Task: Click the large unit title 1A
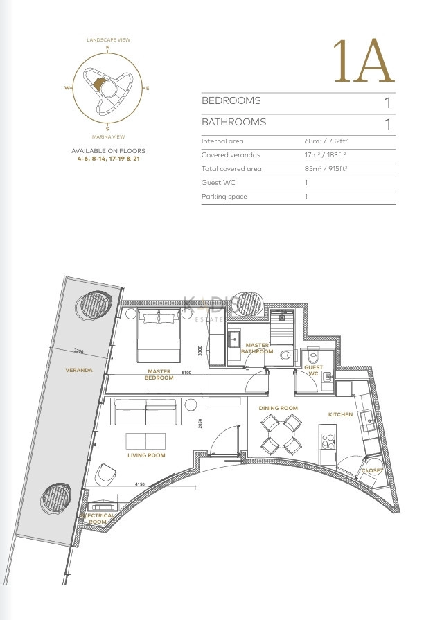363,62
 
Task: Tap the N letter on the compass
107,48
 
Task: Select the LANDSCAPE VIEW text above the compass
107,40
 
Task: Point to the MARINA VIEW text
107,137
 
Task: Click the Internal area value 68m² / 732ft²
326,141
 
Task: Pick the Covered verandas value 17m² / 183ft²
326,155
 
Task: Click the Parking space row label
224,197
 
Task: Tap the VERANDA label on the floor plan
79,370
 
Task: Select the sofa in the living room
146,412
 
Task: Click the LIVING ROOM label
146,455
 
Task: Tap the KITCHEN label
341,414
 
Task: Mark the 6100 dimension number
186,372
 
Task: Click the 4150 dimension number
140,484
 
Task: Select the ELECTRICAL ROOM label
98,519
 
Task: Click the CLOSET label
371,470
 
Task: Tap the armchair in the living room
107,474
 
